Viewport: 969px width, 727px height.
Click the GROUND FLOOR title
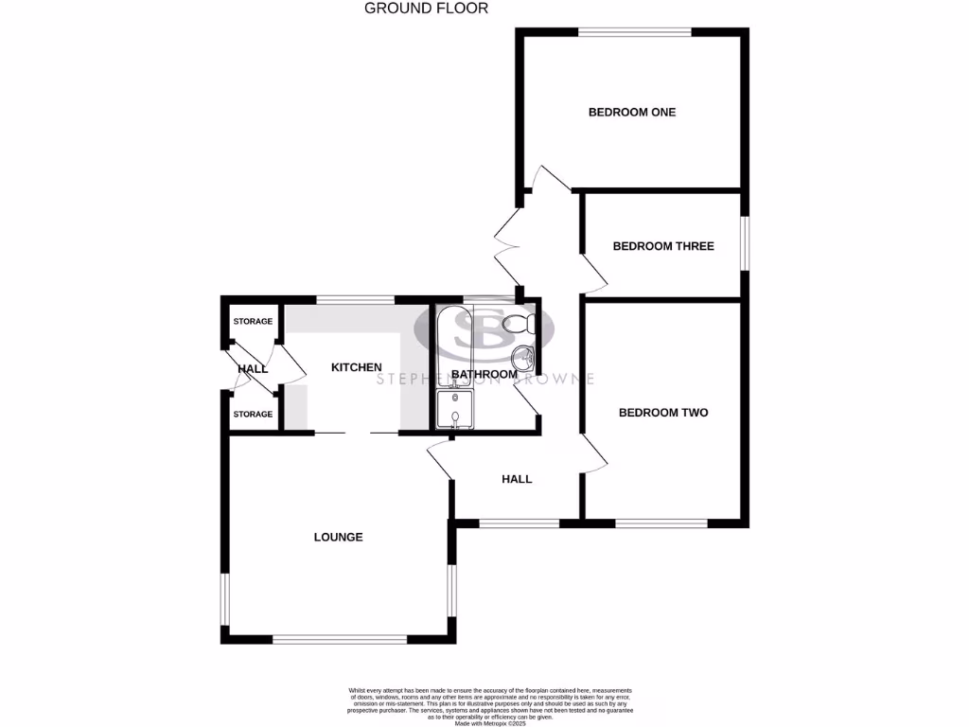[x=426, y=9]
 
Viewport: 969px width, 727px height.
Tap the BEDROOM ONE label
[x=632, y=113]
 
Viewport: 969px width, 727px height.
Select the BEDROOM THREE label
[x=663, y=246]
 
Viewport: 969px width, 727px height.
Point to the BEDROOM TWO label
[x=663, y=413]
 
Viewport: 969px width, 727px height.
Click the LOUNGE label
[x=339, y=538]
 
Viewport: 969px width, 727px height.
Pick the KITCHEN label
[x=356, y=367]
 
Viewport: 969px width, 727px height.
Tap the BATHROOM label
[x=484, y=375]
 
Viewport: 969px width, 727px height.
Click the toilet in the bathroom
[x=521, y=324]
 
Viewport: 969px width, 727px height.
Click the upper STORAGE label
[x=253, y=322]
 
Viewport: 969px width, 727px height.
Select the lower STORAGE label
[x=253, y=415]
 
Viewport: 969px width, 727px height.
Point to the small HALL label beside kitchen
[x=253, y=368]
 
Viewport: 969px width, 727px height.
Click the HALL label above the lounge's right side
[x=517, y=480]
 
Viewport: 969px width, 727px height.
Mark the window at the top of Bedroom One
[x=635, y=33]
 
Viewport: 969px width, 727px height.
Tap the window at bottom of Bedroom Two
[x=661, y=523]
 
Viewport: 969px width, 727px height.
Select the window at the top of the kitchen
[x=355, y=300]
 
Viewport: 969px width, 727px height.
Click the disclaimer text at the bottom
[x=489, y=705]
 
